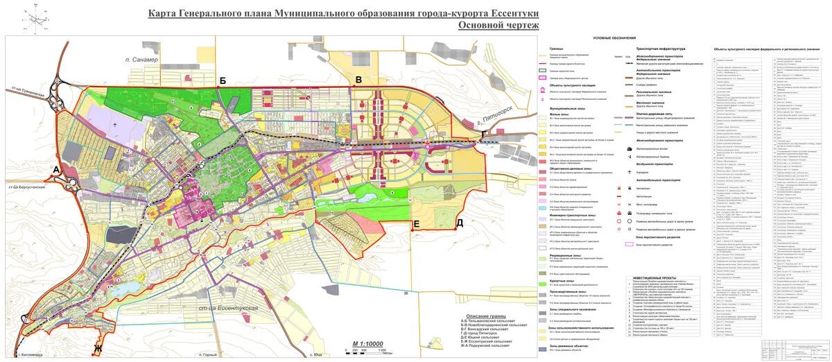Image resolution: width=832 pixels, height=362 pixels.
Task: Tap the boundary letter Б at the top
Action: tap(223, 81)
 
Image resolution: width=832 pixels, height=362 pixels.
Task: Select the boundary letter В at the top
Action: tap(358, 80)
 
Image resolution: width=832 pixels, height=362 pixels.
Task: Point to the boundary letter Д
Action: tap(459, 223)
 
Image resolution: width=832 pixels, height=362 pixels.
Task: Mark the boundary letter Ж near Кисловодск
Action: tap(98, 348)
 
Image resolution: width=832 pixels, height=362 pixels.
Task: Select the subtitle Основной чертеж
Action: tap(498, 26)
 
